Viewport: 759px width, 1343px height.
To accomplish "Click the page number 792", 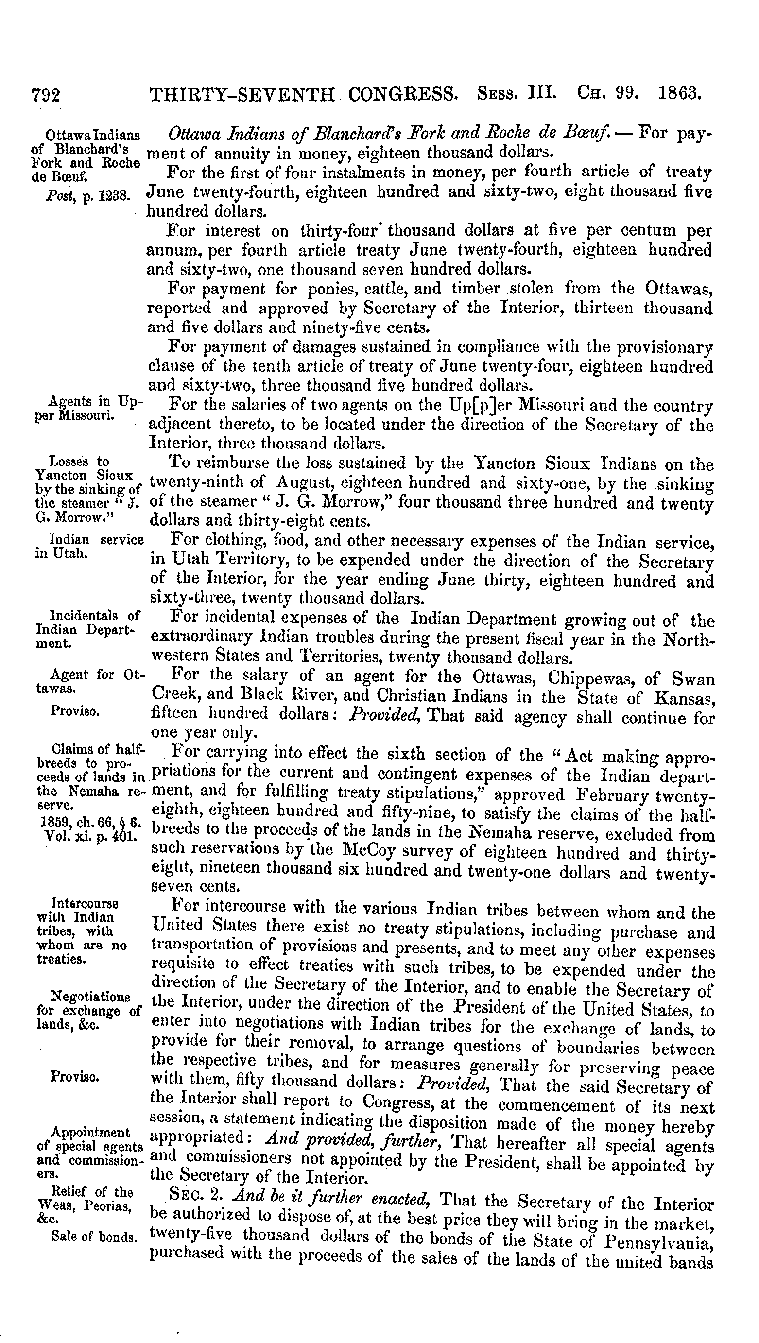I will pos(46,95).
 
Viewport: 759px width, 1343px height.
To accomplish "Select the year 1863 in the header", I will pos(681,93).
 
